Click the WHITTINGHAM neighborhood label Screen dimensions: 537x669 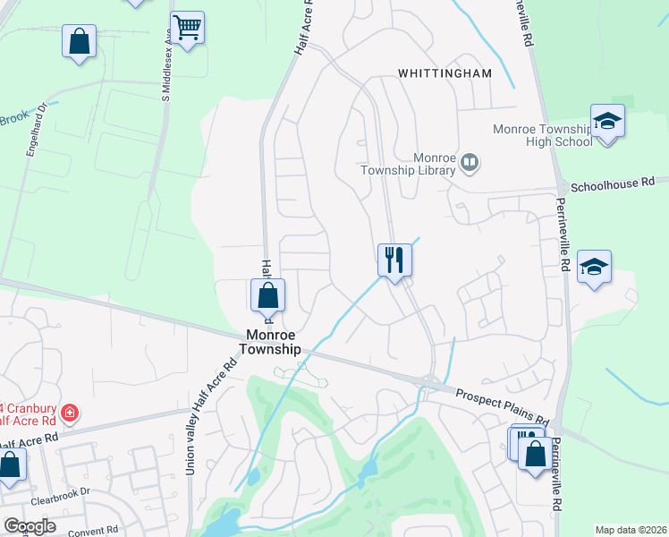click(x=445, y=73)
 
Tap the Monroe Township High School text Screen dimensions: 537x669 click(x=543, y=135)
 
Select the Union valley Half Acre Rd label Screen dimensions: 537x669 click(x=210, y=419)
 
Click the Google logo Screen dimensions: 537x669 click(x=29, y=526)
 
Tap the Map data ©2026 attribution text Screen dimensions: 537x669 click(x=630, y=530)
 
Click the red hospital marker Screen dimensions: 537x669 click(x=70, y=413)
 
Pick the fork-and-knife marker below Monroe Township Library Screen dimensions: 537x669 click(x=394, y=260)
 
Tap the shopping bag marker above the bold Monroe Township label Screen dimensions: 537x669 click(x=267, y=294)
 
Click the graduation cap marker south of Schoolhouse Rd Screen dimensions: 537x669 click(x=594, y=267)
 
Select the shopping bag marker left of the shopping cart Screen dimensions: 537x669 click(x=80, y=40)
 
